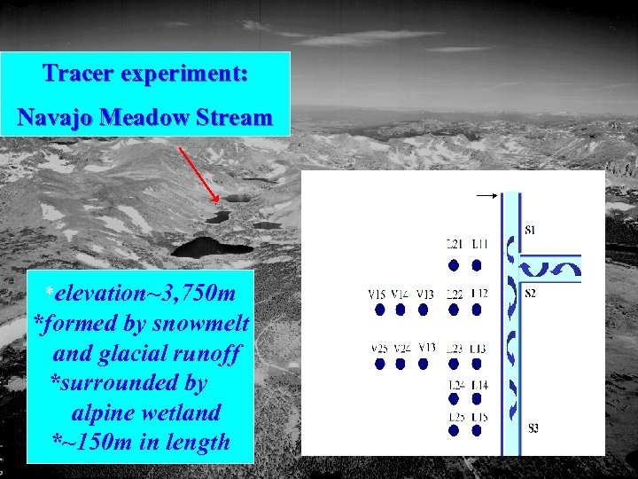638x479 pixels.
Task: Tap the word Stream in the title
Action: click(x=233, y=116)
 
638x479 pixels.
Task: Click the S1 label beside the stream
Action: click(x=530, y=231)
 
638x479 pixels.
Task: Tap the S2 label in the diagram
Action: click(x=530, y=294)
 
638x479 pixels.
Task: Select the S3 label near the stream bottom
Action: click(x=533, y=428)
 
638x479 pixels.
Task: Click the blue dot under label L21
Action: click(x=454, y=264)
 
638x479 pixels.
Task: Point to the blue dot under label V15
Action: click(x=379, y=310)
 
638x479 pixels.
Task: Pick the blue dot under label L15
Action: click(x=478, y=431)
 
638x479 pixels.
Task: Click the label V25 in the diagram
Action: click(x=379, y=348)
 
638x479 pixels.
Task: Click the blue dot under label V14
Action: click(x=401, y=310)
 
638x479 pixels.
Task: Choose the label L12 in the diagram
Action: click(x=479, y=294)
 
